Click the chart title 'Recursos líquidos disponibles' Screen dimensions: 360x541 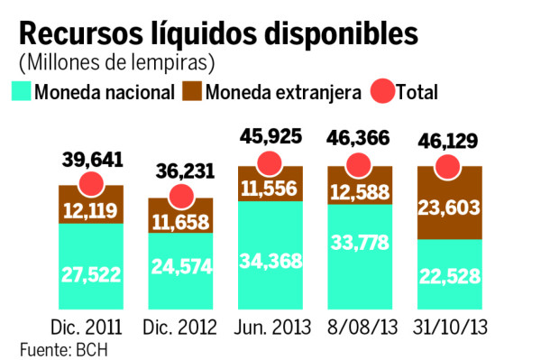[218, 33]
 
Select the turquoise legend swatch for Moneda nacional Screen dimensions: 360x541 [22, 92]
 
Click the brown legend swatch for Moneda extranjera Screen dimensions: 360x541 [191, 92]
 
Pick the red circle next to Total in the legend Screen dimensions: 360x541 [380, 92]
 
